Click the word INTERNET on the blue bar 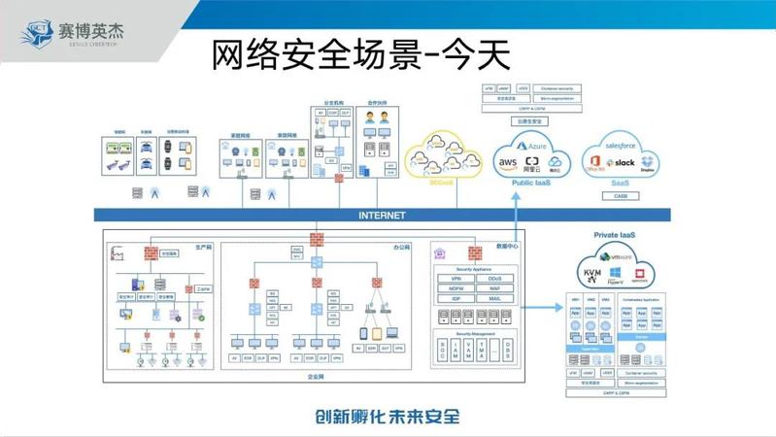pos(382,216)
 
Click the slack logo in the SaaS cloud pos(623,162)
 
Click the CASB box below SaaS pos(620,195)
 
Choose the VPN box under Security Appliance pos(455,279)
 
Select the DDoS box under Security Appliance pos(495,279)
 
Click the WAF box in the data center pos(495,288)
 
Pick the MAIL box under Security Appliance pos(495,298)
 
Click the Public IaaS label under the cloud pos(532,182)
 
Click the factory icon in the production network pos(119,253)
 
